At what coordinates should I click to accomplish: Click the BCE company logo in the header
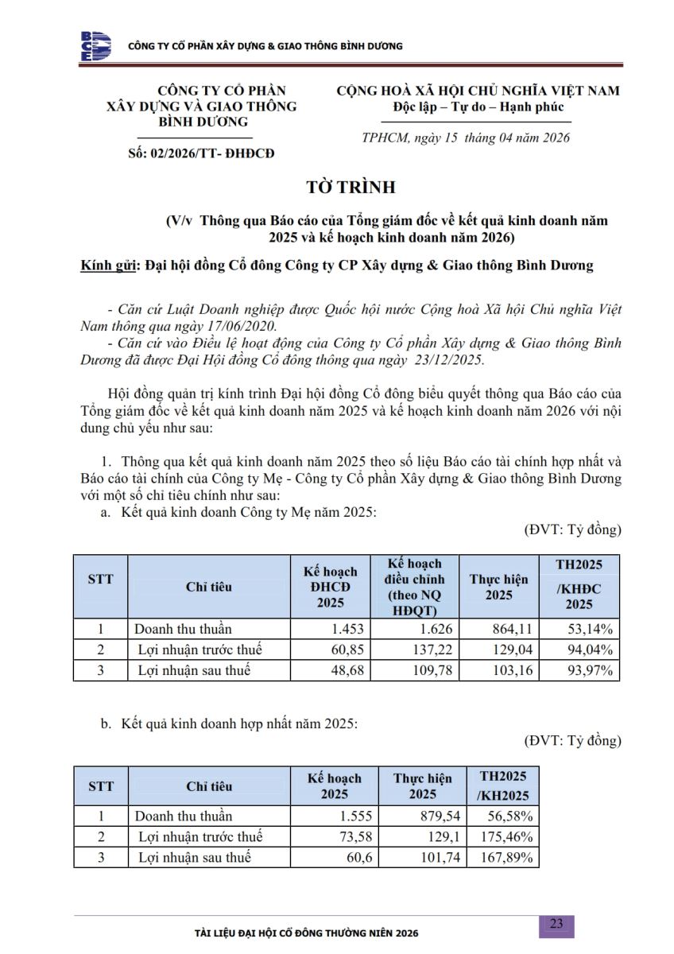tap(95, 46)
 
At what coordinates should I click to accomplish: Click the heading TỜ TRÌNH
tap(351, 188)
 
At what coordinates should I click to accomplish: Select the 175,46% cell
tap(506, 836)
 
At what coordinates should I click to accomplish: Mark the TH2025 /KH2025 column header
tap(504, 786)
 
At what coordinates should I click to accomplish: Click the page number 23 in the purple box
tap(556, 923)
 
